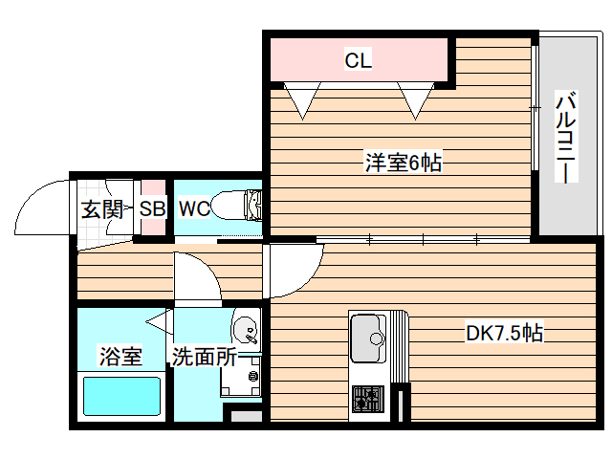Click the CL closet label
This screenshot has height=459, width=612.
[x=358, y=62]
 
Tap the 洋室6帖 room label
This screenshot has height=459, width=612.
[x=402, y=164]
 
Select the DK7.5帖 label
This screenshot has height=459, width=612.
[x=505, y=334]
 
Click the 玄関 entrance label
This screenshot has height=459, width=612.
[x=101, y=209]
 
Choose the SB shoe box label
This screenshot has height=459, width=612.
[x=152, y=209]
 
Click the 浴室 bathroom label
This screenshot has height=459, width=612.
[x=120, y=358]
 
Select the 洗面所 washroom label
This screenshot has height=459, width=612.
[x=204, y=358]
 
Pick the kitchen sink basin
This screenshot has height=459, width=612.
[x=368, y=337]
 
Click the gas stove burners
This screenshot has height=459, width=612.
[x=367, y=398]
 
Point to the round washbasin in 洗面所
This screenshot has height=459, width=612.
[x=247, y=330]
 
